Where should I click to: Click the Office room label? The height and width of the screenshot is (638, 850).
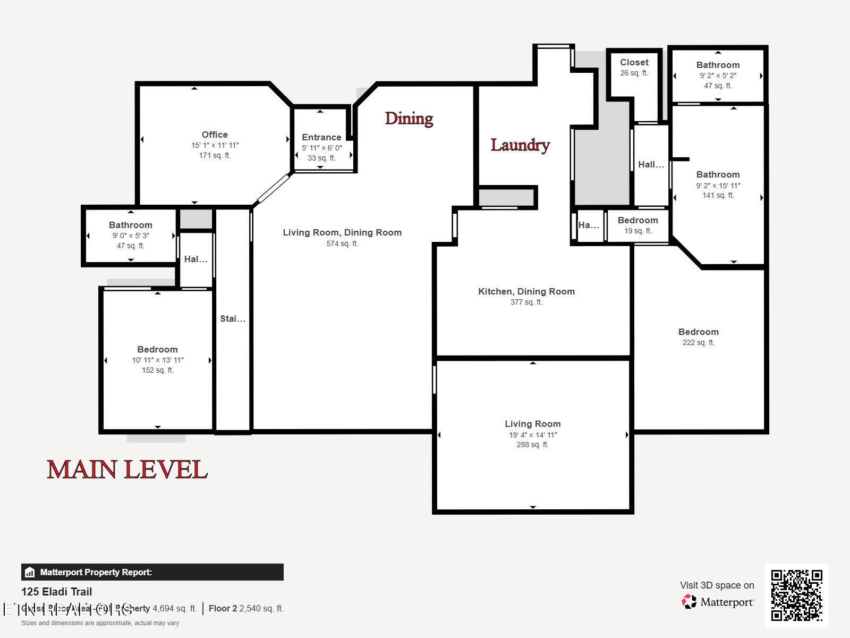pos(215,135)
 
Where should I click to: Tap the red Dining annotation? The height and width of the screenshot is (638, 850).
pos(409,118)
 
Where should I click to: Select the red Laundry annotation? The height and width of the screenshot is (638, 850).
pos(520,145)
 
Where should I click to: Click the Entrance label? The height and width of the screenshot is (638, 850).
pos(321,137)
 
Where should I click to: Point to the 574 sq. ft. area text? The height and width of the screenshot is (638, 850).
pos(342,244)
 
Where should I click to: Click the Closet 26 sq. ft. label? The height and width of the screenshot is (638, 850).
pos(634,63)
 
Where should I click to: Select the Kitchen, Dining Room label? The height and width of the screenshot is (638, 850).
pos(526,291)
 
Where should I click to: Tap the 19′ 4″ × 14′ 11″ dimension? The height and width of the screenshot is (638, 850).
pos(532,435)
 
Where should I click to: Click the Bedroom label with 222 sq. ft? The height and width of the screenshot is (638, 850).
pos(698,332)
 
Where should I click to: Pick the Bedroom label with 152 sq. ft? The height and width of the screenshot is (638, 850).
pos(157,349)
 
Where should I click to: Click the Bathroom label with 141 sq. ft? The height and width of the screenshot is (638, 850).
pos(718,174)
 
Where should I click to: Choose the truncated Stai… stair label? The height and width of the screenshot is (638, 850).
pos(233,318)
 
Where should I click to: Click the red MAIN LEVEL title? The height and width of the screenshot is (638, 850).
pos(127,469)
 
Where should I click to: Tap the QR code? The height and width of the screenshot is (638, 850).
pos(796,595)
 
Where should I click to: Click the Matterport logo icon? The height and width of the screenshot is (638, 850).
pos(689,601)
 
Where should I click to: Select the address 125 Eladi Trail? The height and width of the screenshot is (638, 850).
pos(56,592)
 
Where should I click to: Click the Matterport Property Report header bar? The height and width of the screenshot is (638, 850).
pos(152,572)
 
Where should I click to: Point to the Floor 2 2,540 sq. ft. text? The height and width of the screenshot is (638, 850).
pos(245,608)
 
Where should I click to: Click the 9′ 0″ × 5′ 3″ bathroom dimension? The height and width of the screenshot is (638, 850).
pos(130,236)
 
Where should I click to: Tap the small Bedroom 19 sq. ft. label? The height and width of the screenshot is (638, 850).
pos(637,220)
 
